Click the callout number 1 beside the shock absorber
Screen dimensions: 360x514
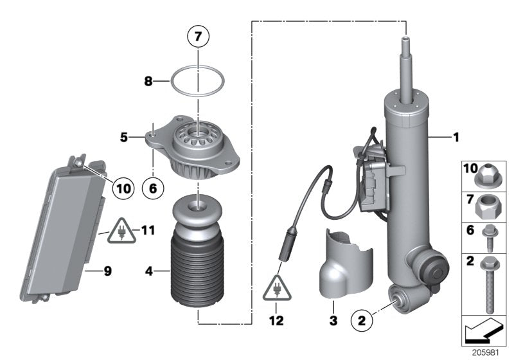[x=456, y=137]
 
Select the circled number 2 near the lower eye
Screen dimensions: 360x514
[x=362, y=318]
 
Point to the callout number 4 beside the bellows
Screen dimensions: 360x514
[x=149, y=271]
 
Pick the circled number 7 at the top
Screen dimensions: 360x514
[x=198, y=37]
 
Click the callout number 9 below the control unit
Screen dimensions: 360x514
[x=108, y=271]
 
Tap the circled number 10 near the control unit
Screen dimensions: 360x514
[x=122, y=188]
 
